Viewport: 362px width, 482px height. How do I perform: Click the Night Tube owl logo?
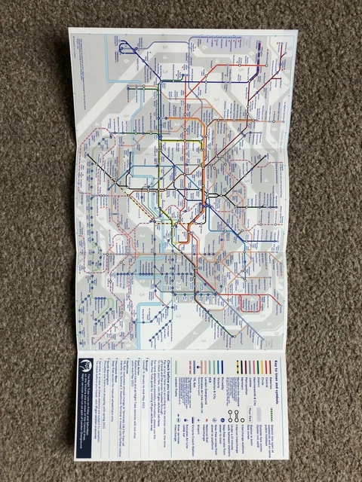pyautogui.click(x=84, y=363)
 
